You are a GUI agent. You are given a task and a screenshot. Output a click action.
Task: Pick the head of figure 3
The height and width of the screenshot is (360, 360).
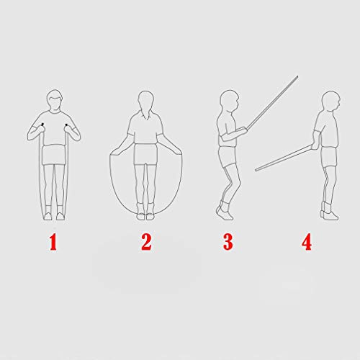click(x=228, y=101)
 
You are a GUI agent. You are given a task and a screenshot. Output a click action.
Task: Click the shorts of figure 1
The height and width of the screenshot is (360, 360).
click(x=55, y=153)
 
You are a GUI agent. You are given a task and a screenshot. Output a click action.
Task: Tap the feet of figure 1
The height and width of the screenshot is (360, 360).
click(x=55, y=213)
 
